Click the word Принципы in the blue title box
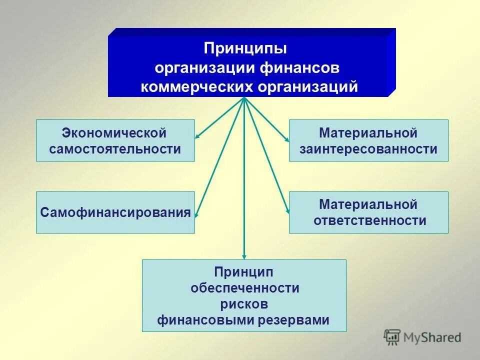[x=245, y=49]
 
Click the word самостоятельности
[x=115, y=149]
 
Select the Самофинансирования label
[x=115, y=212]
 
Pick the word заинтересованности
[x=368, y=149]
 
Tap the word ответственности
[x=370, y=220]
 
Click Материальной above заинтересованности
[x=368, y=133]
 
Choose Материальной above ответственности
[x=368, y=204]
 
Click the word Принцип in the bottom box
[x=244, y=272]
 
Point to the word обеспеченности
[x=244, y=288]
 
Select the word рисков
[x=244, y=304]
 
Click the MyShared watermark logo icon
[x=392, y=336]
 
